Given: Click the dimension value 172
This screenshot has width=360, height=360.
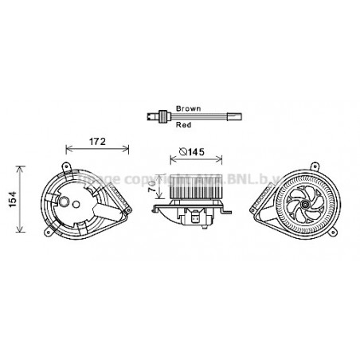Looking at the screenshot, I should pos(96,142).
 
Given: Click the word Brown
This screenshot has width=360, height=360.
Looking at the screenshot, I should pos(188,107).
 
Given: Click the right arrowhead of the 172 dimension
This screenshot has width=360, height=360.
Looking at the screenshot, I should pos(128,149).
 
